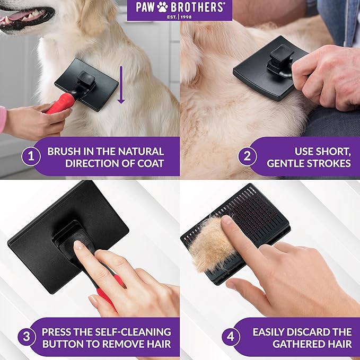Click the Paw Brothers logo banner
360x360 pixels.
tap(180, 10)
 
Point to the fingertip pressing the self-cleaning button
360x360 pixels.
tap(80, 245)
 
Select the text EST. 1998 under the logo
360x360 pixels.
tap(180, 16)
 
